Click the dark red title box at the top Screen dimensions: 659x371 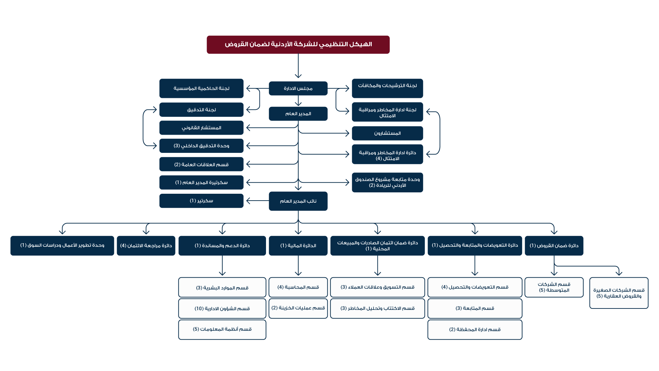pyautogui.click(x=298, y=45)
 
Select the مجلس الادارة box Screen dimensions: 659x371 pyautogui.click(x=298, y=88)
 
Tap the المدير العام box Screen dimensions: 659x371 pyautogui.click(x=298, y=114)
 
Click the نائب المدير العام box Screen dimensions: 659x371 pyautogui.click(x=298, y=201)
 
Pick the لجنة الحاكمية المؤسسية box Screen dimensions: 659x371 pyautogui.click(x=201, y=88)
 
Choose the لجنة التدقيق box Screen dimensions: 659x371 pyautogui.click(x=201, y=110)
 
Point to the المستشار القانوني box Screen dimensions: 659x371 pyautogui.click(x=201, y=128)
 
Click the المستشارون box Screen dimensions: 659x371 pyautogui.click(x=387, y=133)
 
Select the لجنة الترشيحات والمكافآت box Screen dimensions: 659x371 pyautogui.click(x=387, y=88)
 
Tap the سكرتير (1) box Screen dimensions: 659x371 pyautogui.click(x=201, y=201)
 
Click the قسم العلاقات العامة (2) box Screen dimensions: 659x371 pyautogui.click(x=201, y=164)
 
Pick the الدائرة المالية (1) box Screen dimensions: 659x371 pyautogui.click(x=298, y=246)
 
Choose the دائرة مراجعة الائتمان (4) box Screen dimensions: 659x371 pyautogui.click(x=146, y=246)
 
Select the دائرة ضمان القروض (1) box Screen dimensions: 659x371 pyautogui.click(x=554, y=246)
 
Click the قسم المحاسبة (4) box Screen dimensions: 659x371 pyautogui.click(x=298, y=287)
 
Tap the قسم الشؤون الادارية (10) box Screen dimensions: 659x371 pyautogui.click(x=222, y=308)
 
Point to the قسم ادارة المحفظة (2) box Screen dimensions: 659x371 pyautogui.click(x=475, y=330)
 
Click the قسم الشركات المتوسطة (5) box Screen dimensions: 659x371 pyautogui.click(x=554, y=287)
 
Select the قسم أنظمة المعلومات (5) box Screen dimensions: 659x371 pyautogui.click(x=222, y=330)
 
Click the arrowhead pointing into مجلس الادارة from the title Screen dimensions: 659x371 pyautogui.click(x=298, y=76)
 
